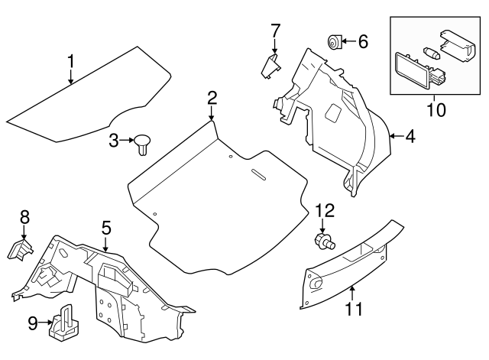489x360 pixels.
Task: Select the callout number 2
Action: click(212, 97)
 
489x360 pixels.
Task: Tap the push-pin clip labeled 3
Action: click(143, 143)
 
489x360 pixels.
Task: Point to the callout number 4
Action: click(410, 137)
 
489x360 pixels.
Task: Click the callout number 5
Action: click(106, 227)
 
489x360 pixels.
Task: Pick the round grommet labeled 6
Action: click(333, 41)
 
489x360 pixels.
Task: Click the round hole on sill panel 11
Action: click(316, 284)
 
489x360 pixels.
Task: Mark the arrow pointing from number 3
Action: click(127, 140)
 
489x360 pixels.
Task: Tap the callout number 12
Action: click(325, 209)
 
